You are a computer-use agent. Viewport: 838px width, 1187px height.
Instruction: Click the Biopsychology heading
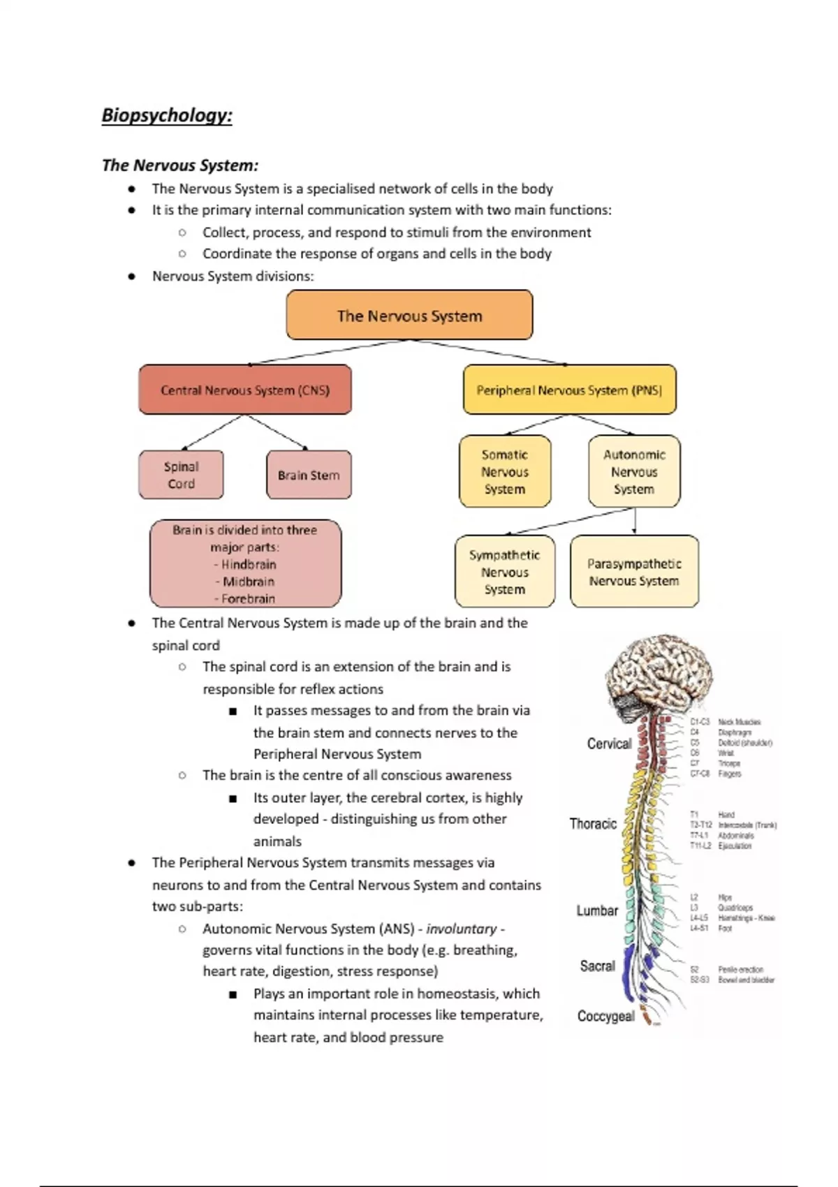pyautogui.click(x=167, y=115)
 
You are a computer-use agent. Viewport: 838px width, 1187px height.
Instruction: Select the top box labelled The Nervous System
pyautogui.click(x=409, y=316)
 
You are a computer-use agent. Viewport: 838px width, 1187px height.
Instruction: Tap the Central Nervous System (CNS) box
pyautogui.click(x=245, y=390)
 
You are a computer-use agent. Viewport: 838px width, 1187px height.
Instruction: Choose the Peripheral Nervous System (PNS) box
pyautogui.click(x=569, y=390)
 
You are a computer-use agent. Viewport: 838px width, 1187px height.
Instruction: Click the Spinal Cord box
pyautogui.click(x=181, y=475)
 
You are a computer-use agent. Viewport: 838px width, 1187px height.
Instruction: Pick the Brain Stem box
pyautogui.click(x=309, y=475)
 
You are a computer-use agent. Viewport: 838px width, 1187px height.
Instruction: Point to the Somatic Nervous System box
pyautogui.click(x=505, y=472)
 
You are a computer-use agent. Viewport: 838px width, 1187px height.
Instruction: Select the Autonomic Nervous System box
pyautogui.click(x=634, y=472)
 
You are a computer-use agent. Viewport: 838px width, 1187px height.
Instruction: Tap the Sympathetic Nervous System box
pyautogui.click(x=504, y=572)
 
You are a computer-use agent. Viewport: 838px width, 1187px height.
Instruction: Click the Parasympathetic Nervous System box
pyautogui.click(x=634, y=572)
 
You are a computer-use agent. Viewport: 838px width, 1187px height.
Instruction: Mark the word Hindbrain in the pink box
pyautogui.click(x=249, y=564)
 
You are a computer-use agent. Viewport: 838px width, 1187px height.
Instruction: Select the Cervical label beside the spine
pyautogui.click(x=609, y=744)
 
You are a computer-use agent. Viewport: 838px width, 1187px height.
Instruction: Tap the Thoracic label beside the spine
pyautogui.click(x=593, y=824)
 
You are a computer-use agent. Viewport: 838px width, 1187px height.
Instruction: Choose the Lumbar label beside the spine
pyautogui.click(x=597, y=910)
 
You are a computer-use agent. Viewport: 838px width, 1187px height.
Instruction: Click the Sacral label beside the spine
pyautogui.click(x=598, y=966)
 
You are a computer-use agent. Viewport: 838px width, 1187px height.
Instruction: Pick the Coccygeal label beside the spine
pyautogui.click(x=605, y=1016)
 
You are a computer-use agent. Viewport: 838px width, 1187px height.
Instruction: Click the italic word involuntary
pyautogui.click(x=462, y=929)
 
